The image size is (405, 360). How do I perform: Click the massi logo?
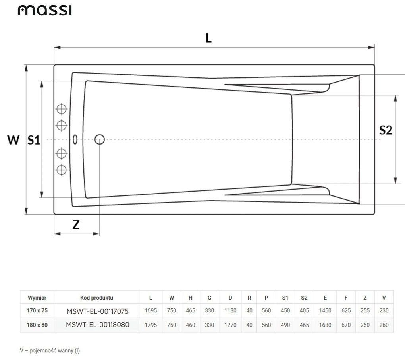point(44,10)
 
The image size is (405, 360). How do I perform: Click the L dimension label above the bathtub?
point(208,38)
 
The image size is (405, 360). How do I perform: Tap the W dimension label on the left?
point(13,140)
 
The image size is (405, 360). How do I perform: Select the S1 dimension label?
point(34,140)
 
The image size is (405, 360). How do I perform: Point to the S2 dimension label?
point(386,130)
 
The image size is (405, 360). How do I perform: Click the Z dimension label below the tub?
point(76,225)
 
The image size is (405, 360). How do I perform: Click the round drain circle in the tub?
point(100,139)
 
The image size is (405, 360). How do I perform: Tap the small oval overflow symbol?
point(75,139)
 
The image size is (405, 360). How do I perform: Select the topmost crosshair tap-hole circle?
point(61,108)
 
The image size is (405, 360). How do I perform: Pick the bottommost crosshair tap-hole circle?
point(61,170)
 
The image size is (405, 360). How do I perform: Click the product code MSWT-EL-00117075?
point(97,311)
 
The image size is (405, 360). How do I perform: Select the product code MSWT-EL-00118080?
point(97,325)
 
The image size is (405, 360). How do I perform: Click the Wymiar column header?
point(37,298)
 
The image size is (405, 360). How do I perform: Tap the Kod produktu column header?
point(96,298)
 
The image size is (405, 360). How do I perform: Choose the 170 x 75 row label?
point(37,311)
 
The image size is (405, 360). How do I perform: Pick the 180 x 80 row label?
point(37,325)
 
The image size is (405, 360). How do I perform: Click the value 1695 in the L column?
point(150,311)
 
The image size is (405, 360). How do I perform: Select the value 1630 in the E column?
point(325,325)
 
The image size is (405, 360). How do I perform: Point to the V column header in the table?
point(384,298)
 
